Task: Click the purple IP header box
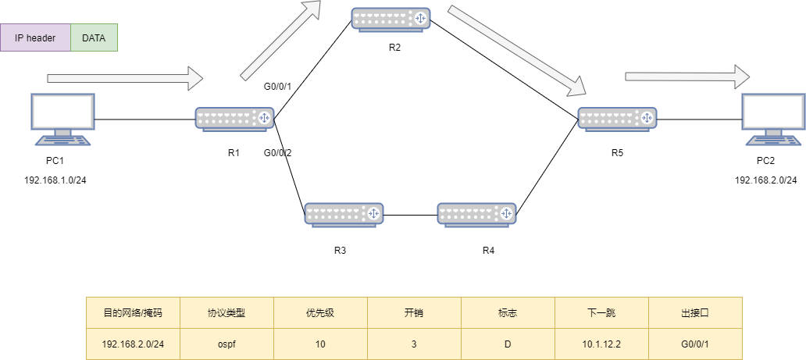pos(35,37)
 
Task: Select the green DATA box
pos(94,37)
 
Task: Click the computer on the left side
pos(62,119)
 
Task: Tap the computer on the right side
pos(773,119)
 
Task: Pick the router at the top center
pos(391,19)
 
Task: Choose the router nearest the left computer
pos(234,119)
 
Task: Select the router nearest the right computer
pos(617,119)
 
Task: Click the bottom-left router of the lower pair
pos(344,214)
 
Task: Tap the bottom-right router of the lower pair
pos(476,214)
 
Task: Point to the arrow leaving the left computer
pos(125,78)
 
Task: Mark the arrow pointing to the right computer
pos(687,77)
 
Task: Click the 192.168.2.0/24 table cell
pos(133,344)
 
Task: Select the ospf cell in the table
pos(226,344)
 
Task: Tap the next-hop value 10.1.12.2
pos(601,344)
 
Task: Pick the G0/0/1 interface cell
pos(695,344)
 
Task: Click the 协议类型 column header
pos(226,313)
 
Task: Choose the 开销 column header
pos(414,313)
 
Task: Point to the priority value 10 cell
pos(320,344)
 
